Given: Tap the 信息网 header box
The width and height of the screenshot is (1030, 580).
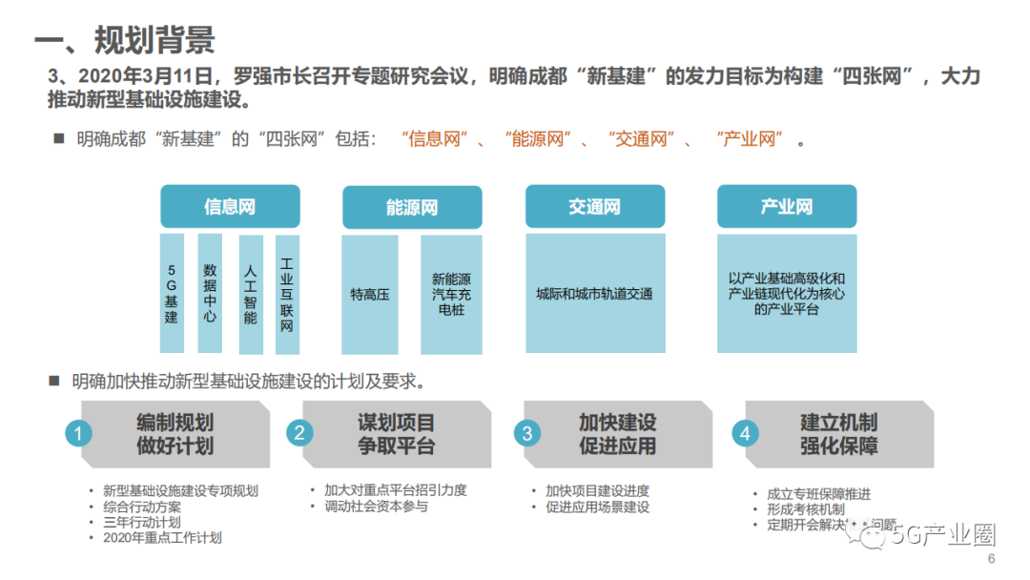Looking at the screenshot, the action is click(230, 206).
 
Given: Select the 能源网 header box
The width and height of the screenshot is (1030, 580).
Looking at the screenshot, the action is click(412, 207).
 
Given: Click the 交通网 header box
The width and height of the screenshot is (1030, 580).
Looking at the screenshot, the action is click(594, 206).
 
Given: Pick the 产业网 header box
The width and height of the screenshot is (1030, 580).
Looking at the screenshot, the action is click(787, 206).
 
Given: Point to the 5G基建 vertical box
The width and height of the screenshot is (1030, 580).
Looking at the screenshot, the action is click(172, 293).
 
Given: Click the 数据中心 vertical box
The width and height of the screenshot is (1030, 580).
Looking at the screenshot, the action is click(210, 293).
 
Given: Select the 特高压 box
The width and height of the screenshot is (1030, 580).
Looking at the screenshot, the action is click(370, 295).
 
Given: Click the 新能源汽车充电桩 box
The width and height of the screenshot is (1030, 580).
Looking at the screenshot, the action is click(451, 295).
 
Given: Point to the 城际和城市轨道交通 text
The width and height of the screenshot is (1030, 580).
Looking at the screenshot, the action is click(594, 295).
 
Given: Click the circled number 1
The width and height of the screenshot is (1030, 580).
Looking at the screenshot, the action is click(79, 434).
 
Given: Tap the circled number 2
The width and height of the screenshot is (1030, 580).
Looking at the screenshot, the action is click(300, 434).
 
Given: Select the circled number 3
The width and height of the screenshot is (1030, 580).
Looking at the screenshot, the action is click(525, 434).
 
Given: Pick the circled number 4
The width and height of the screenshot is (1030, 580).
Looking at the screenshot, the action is click(746, 434).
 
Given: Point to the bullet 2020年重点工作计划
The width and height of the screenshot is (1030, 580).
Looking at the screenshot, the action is click(163, 538).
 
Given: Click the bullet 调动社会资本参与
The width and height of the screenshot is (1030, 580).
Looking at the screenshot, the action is click(376, 507).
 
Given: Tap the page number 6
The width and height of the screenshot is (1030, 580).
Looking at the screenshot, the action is click(991, 559).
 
